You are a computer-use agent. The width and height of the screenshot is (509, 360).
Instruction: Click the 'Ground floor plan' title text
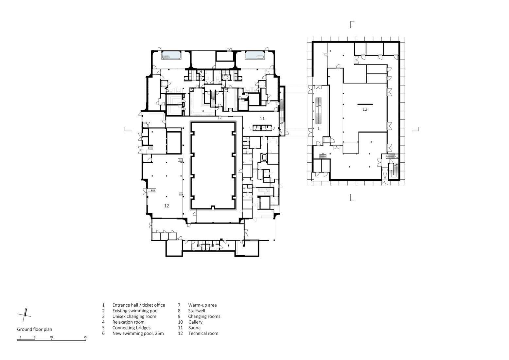click(x=34, y=330)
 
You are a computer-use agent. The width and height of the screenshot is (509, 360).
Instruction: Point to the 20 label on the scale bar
click(x=86, y=337)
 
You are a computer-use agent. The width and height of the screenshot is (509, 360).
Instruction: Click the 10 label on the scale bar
click(x=51, y=337)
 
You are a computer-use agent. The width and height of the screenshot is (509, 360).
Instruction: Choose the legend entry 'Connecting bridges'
click(x=131, y=328)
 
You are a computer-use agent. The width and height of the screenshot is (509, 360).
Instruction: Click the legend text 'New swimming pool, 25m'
click(x=138, y=333)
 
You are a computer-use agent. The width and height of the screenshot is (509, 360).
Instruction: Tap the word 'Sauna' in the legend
click(x=194, y=328)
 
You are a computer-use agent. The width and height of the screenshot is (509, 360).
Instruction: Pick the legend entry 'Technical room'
click(x=203, y=333)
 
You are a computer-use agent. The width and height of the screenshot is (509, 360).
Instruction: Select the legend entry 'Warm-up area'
click(x=202, y=305)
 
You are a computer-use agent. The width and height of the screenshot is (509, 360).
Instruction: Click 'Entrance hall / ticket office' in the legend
click(x=139, y=305)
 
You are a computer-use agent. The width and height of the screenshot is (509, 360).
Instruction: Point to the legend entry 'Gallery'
click(x=195, y=322)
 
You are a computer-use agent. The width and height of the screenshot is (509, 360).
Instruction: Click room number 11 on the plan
click(x=262, y=118)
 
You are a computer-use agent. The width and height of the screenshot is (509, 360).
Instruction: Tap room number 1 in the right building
click(x=318, y=129)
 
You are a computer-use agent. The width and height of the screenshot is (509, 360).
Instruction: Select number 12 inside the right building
click(x=365, y=109)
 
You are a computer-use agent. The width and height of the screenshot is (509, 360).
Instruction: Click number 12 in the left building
click(x=167, y=206)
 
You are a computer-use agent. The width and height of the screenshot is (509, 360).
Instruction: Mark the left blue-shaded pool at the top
click(x=171, y=56)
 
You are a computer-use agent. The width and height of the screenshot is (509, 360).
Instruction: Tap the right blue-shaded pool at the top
click(x=255, y=56)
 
